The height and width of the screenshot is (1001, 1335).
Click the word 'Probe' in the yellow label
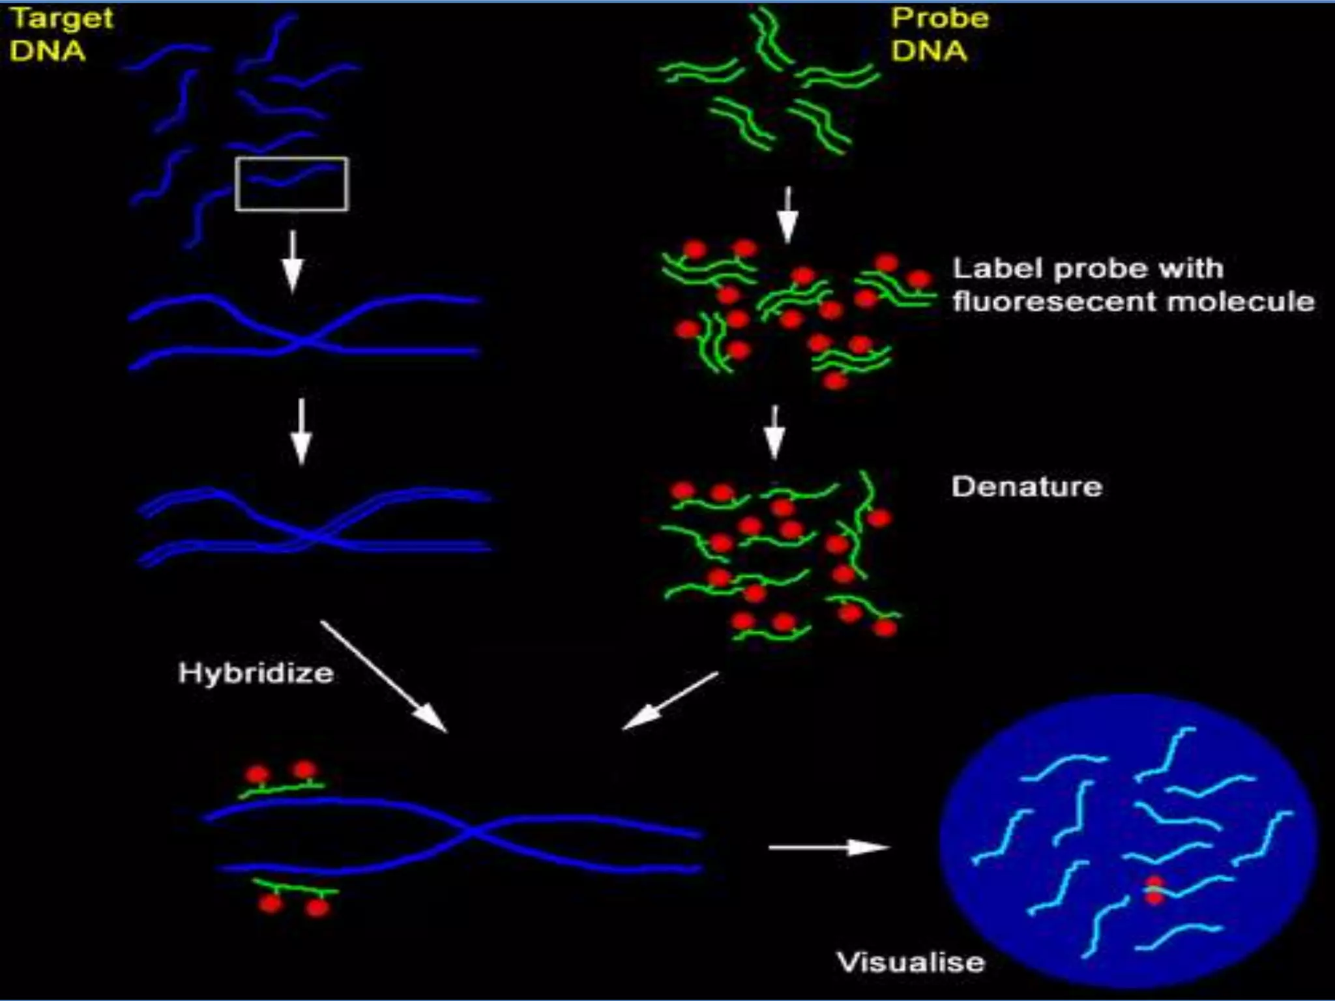click(939, 18)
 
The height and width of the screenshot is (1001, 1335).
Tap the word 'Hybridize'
click(256, 673)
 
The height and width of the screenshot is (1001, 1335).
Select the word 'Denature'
click(1027, 487)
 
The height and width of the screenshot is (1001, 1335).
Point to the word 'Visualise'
click(911, 963)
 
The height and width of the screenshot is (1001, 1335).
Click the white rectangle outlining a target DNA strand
click(291, 184)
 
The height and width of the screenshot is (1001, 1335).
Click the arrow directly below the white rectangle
click(293, 261)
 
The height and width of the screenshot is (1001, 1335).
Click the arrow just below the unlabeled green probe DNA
click(788, 215)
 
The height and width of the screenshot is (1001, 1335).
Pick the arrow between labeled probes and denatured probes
click(774, 433)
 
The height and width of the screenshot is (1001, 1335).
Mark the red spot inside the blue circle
click(1154, 890)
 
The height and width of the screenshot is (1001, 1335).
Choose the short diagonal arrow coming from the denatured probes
click(670, 701)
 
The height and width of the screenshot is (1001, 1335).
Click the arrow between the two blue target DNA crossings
click(301, 431)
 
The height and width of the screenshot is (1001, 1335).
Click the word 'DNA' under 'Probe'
click(929, 51)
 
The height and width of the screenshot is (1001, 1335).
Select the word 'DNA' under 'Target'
click(48, 51)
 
